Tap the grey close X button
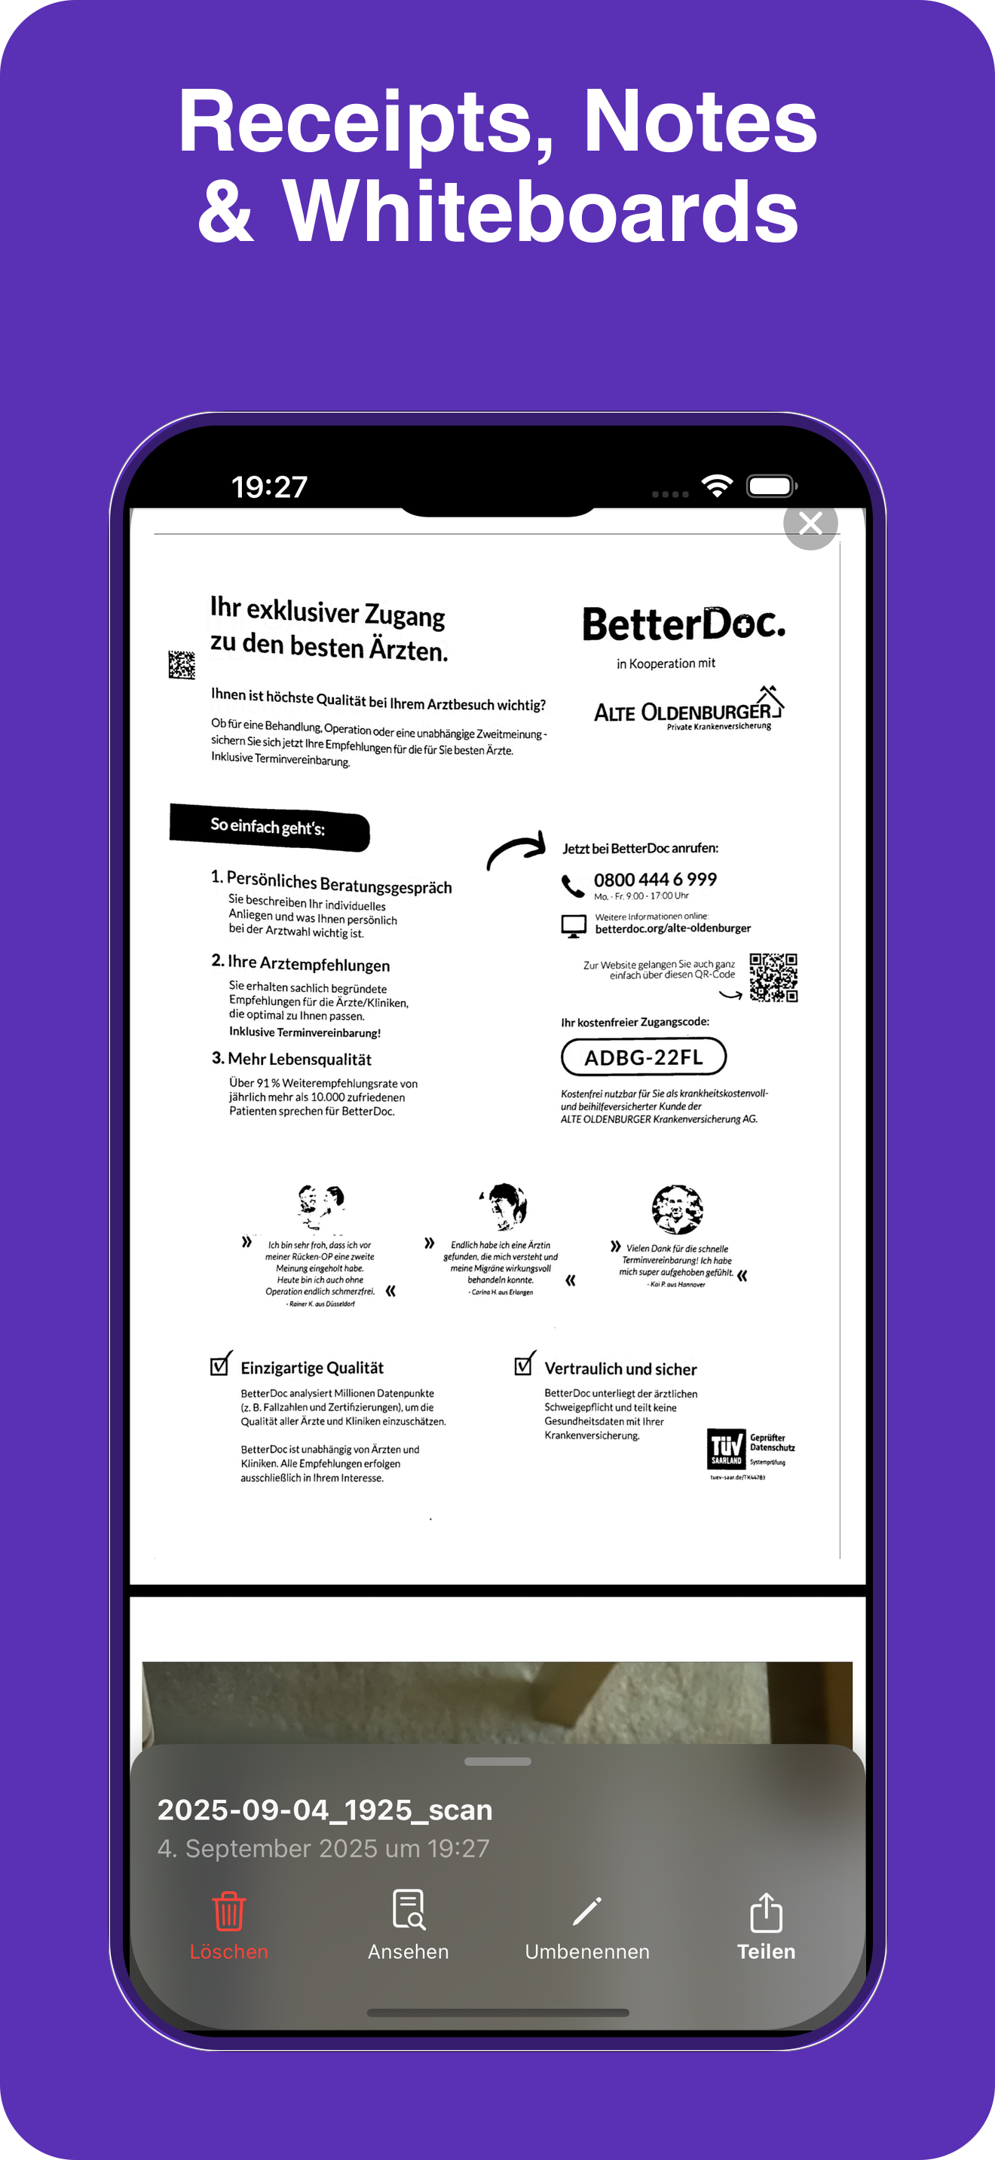810,523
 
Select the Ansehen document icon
409,1909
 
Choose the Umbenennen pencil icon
586,1911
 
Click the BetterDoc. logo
684,624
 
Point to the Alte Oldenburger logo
688,709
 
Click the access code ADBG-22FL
644,1057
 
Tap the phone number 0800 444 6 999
655,880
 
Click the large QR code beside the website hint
773,977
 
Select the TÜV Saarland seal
727,1449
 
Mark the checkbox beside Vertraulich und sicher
525,1364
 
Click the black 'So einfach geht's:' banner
269,827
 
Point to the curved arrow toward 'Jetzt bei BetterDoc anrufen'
516,851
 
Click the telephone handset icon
572,886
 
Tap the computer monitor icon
574,926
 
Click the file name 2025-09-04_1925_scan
325,1810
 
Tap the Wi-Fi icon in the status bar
718,486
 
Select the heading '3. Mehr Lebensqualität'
291,1059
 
